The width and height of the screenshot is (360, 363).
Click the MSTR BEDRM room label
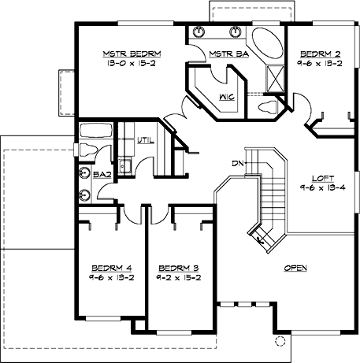[131, 54]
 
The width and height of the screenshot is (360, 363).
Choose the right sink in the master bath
[235, 33]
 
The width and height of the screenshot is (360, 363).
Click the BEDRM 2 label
[317, 54]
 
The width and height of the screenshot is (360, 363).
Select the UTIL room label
[145, 140]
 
